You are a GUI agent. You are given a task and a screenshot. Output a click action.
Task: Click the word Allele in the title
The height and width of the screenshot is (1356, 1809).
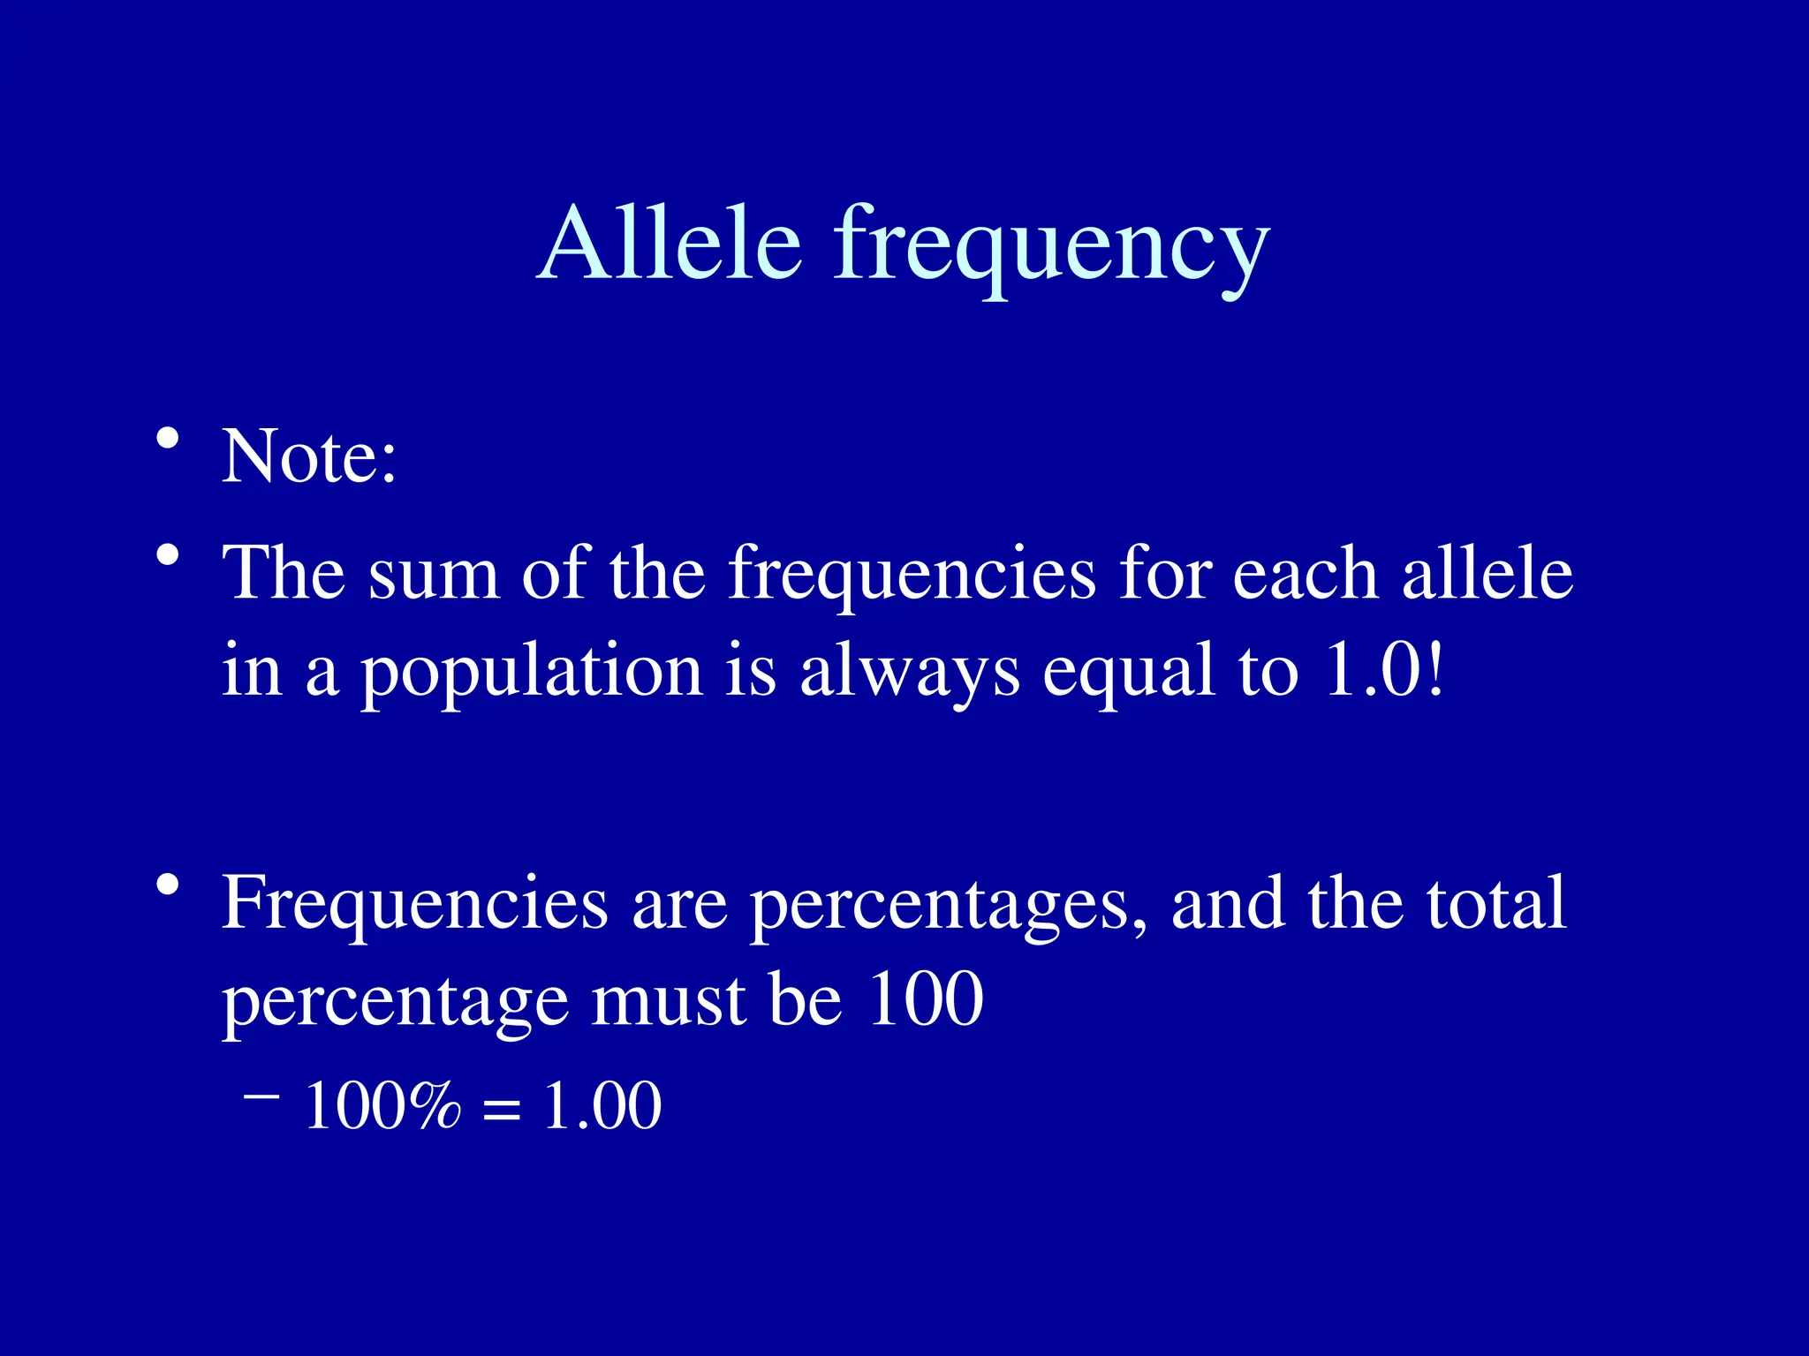[670, 243]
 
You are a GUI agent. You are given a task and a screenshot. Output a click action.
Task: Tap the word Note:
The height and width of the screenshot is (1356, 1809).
[309, 456]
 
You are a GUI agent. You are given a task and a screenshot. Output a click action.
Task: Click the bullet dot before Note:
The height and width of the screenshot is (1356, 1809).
[167, 438]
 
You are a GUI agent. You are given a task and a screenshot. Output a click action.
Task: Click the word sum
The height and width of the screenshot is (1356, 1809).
[433, 574]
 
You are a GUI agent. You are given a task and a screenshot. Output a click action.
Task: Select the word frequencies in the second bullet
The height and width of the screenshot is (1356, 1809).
[911, 576]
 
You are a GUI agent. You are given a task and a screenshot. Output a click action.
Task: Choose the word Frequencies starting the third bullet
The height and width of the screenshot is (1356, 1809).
[414, 904]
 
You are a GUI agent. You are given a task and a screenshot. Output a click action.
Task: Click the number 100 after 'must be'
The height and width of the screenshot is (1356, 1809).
[925, 999]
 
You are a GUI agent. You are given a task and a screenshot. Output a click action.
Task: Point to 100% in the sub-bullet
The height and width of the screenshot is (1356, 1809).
[382, 1106]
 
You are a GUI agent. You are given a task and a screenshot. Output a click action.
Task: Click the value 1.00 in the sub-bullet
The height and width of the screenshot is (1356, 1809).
[602, 1106]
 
